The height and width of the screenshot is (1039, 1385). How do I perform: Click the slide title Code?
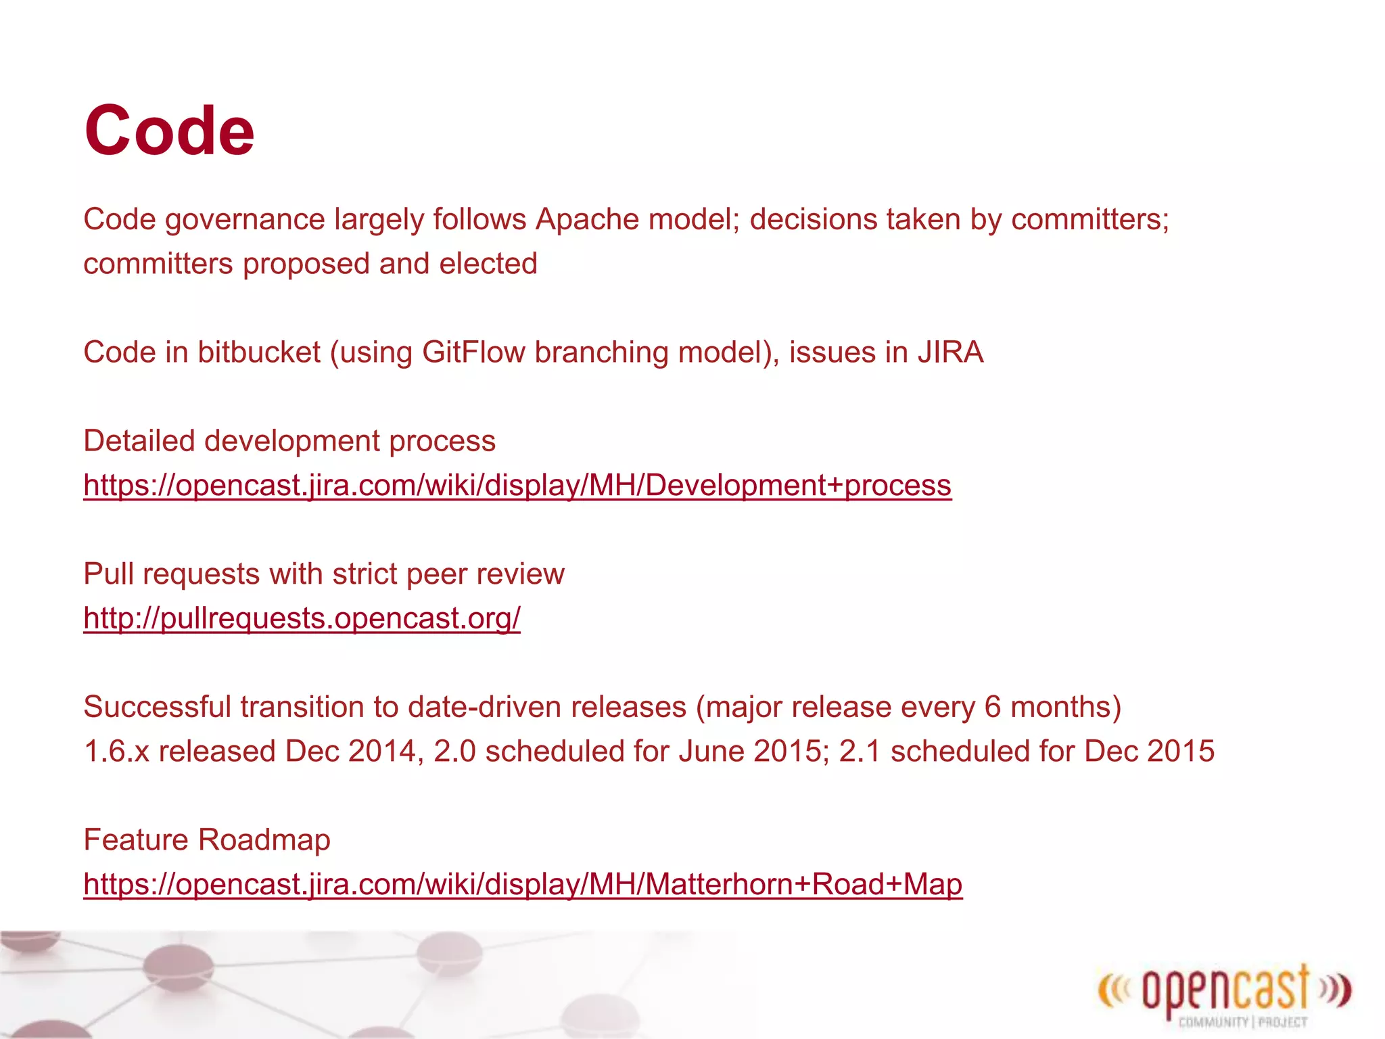point(169,131)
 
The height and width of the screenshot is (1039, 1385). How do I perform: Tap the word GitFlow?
point(473,352)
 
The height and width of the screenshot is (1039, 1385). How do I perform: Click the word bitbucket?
point(259,352)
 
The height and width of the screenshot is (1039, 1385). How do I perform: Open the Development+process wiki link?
point(517,486)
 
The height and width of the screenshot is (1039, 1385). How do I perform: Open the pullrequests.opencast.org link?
point(302,618)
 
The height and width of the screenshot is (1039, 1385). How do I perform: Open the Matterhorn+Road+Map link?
point(523,884)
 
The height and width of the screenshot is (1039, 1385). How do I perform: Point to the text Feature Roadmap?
point(207,840)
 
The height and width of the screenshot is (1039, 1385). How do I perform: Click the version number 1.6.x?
point(116,752)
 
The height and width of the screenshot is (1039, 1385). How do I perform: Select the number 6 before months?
point(992,708)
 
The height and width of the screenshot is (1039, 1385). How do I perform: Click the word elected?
point(488,264)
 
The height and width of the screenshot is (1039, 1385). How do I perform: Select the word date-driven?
point(479,708)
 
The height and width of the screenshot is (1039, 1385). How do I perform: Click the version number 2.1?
point(860,752)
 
